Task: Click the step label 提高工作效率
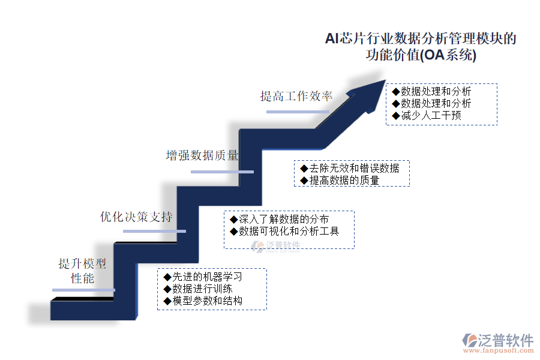click(x=296, y=96)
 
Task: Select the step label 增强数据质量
click(x=202, y=155)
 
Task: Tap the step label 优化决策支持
click(x=136, y=217)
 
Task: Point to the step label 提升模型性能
click(x=82, y=271)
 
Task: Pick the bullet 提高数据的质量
click(x=340, y=180)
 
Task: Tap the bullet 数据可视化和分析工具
click(x=284, y=231)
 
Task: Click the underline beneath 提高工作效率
click(x=298, y=112)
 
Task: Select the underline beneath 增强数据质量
click(x=222, y=172)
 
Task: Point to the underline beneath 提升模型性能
click(x=83, y=290)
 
